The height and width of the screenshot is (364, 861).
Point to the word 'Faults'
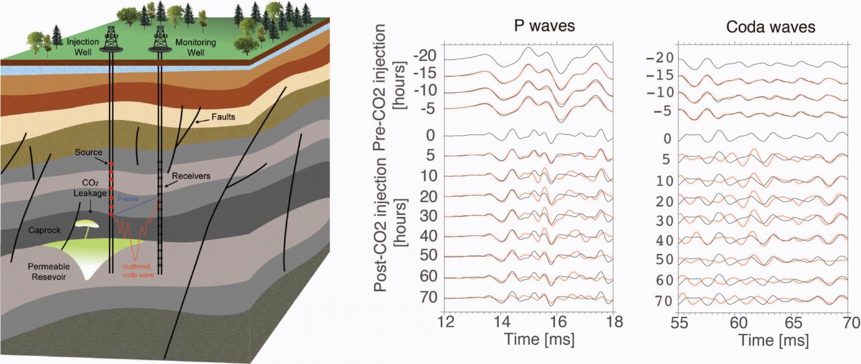tap(223, 117)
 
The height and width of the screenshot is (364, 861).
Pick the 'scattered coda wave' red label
tap(137, 271)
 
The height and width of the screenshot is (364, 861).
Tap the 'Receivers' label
tap(189, 177)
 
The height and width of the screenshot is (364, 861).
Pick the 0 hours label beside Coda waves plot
tap(667, 139)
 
